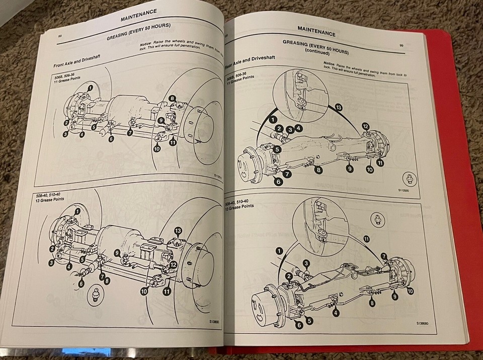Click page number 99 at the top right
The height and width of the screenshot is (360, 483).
(x=401, y=45)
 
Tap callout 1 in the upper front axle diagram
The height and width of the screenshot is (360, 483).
(x=90, y=87)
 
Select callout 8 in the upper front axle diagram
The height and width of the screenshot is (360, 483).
(x=173, y=99)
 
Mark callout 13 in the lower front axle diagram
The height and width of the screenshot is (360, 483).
(x=178, y=230)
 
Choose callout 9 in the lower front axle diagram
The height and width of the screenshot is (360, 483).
(x=117, y=253)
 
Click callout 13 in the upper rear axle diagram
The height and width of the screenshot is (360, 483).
(x=338, y=108)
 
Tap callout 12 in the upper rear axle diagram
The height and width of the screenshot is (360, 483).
(x=366, y=126)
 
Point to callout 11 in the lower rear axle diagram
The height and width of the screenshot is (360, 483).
(x=366, y=239)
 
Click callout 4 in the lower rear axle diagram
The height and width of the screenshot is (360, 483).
(x=336, y=313)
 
